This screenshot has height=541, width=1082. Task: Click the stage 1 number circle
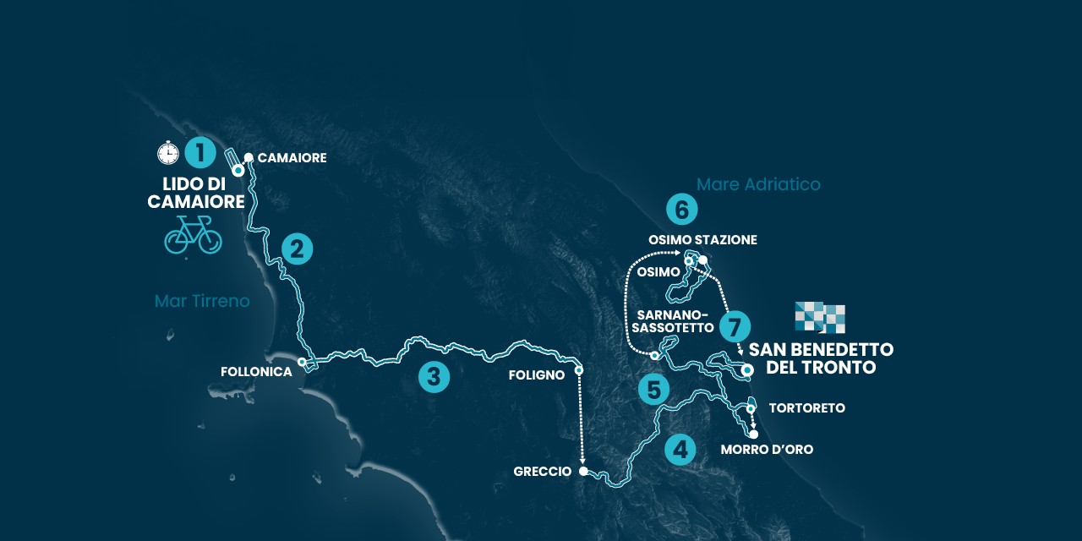[x=199, y=153]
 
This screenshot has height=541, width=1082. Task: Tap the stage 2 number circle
[x=297, y=249]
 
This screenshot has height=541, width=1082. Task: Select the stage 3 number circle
[x=434, y=377]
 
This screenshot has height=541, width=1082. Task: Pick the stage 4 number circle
[x=680, y=449]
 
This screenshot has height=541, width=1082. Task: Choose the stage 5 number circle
[x=653, y=390]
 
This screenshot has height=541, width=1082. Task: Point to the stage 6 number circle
[x=681, y=209]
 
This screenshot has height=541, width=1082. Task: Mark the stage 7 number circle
[x=735, y=325]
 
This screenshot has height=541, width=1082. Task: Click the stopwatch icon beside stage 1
[x=168, y=153]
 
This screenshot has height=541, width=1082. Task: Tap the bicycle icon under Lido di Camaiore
[x=193, y=234]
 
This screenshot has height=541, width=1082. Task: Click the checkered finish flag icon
[x=820, y=317]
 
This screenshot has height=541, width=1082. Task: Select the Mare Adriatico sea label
[x=758, y=184]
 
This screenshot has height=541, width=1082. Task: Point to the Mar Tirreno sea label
[x=202, y=301]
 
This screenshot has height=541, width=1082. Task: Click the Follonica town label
[x=256, y=372]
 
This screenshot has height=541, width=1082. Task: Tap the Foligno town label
[x=537, y=374]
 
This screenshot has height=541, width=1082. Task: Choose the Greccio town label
[x=542, y=472]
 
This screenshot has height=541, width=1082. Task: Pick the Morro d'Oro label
[x=767, y=450]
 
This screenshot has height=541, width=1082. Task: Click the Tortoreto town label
[x=806, y=408]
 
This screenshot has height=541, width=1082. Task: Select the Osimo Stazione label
[x=702, y=240]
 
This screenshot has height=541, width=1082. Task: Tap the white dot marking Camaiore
[x=249, y=158]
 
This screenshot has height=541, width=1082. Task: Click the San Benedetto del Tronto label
[x=821, y=359]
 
